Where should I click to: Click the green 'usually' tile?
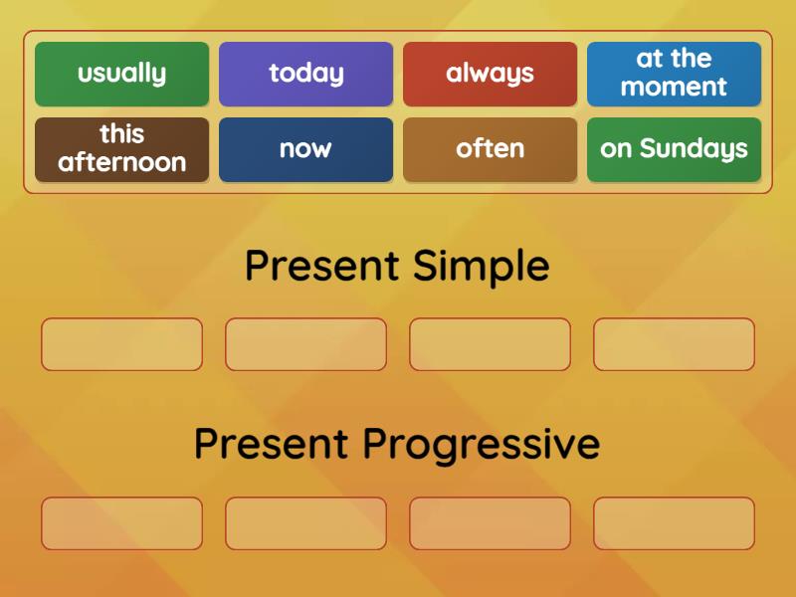point(121,74)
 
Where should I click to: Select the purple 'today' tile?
point(305,74)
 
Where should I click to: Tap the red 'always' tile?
point(490,74)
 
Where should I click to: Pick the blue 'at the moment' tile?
point(674,74)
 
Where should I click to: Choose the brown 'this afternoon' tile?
point(121,149)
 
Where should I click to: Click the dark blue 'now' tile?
point(305,149)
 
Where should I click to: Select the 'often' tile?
point(490,149)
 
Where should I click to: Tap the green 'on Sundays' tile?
point(674,149)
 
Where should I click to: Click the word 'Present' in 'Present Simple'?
point(321,267)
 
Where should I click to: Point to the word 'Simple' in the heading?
point(481,267)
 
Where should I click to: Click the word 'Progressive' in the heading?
point(481,444)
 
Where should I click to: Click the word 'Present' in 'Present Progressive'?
point(271,444)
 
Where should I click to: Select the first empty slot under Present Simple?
point(121,344)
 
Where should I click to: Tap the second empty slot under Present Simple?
point(305,344)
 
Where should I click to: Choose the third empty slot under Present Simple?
point(490,344)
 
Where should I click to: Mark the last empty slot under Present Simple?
point(674,344)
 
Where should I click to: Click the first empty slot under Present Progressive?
point(121,523)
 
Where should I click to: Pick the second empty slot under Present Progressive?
point(305,523)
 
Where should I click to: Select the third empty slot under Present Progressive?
point(490,523)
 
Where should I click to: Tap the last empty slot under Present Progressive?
point(674,523)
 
